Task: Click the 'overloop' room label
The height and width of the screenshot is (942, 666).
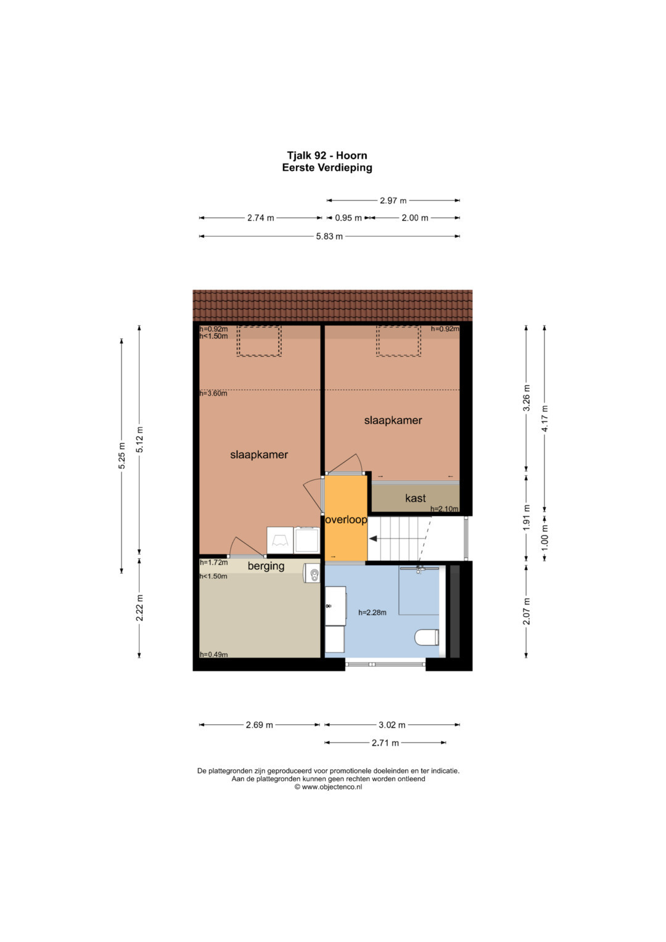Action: [346, 519]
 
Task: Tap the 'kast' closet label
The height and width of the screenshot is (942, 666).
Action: [416, 498]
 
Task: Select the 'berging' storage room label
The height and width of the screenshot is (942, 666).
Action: [266, 566]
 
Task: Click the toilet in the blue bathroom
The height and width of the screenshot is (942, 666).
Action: [427, 637]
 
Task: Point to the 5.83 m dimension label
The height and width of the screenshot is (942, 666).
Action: [329, 236]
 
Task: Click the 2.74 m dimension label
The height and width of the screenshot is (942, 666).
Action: [260, 218]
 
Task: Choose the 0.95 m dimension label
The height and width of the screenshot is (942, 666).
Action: [348, 218]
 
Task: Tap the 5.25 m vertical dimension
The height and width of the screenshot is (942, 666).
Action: [122, 456]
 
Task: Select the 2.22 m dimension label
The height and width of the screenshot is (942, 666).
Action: [139, 607]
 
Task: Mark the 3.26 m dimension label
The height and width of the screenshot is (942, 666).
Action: [527, 398]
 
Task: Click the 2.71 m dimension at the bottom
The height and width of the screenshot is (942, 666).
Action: [385, 743]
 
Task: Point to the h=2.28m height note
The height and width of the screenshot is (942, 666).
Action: [372, 613]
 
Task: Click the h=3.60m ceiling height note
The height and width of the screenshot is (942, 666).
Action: [213, 394]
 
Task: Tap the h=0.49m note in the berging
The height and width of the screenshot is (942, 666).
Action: [213, 655]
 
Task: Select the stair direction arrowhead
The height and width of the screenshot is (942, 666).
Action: [373, 539]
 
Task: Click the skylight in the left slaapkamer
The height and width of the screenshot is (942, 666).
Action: [259, 341]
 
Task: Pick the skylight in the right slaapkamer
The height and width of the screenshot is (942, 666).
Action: [398, 341]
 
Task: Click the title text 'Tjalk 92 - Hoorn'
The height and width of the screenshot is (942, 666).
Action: [327, 155]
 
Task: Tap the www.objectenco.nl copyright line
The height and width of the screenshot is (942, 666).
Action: [328, 787]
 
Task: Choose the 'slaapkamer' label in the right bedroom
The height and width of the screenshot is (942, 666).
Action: [393, 420]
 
